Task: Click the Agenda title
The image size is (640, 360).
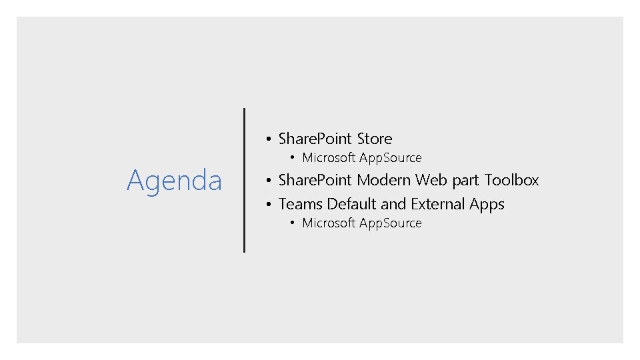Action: [174, 180]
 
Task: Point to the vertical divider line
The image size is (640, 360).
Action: [244, 180]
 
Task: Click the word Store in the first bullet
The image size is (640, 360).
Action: [375, 139]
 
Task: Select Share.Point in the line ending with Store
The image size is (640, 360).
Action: [315, 139]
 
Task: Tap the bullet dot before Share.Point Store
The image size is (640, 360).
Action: [267, 139]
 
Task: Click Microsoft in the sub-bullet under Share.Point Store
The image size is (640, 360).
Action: [329, 158]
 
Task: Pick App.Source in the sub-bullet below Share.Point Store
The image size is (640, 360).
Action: [391, 158]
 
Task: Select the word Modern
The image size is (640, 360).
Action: [383, 180]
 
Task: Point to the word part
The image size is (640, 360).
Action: [465, 181]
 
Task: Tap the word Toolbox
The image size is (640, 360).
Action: [511, 180]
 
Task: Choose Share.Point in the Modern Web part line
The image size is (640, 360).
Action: [315, 180]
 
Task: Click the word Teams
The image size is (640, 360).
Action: [300, 204]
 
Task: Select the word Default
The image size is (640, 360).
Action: [351, 204]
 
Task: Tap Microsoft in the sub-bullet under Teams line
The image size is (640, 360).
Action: [329, 223]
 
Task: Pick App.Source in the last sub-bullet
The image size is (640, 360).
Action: [391, 223]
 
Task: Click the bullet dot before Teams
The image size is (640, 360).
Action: [267, 205]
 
